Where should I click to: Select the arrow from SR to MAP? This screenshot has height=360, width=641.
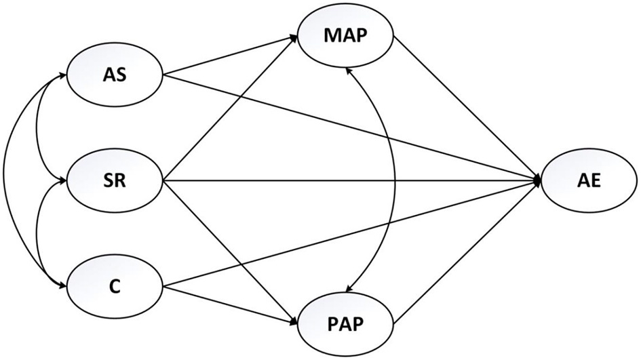pyautogui.click(x=231, y=108)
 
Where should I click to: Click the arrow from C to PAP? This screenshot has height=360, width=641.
pyautogui.click(x=231, y=304)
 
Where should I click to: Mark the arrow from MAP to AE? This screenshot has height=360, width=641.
pyautogui.click(x=468, y=108)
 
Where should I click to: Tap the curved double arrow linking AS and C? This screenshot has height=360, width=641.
pyautogui.click(x=5, y=181)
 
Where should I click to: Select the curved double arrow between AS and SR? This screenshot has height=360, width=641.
pyautogui.click(x=41, y=129)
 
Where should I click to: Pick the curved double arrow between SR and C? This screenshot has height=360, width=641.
pyautogui.click(x=41, y=234)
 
